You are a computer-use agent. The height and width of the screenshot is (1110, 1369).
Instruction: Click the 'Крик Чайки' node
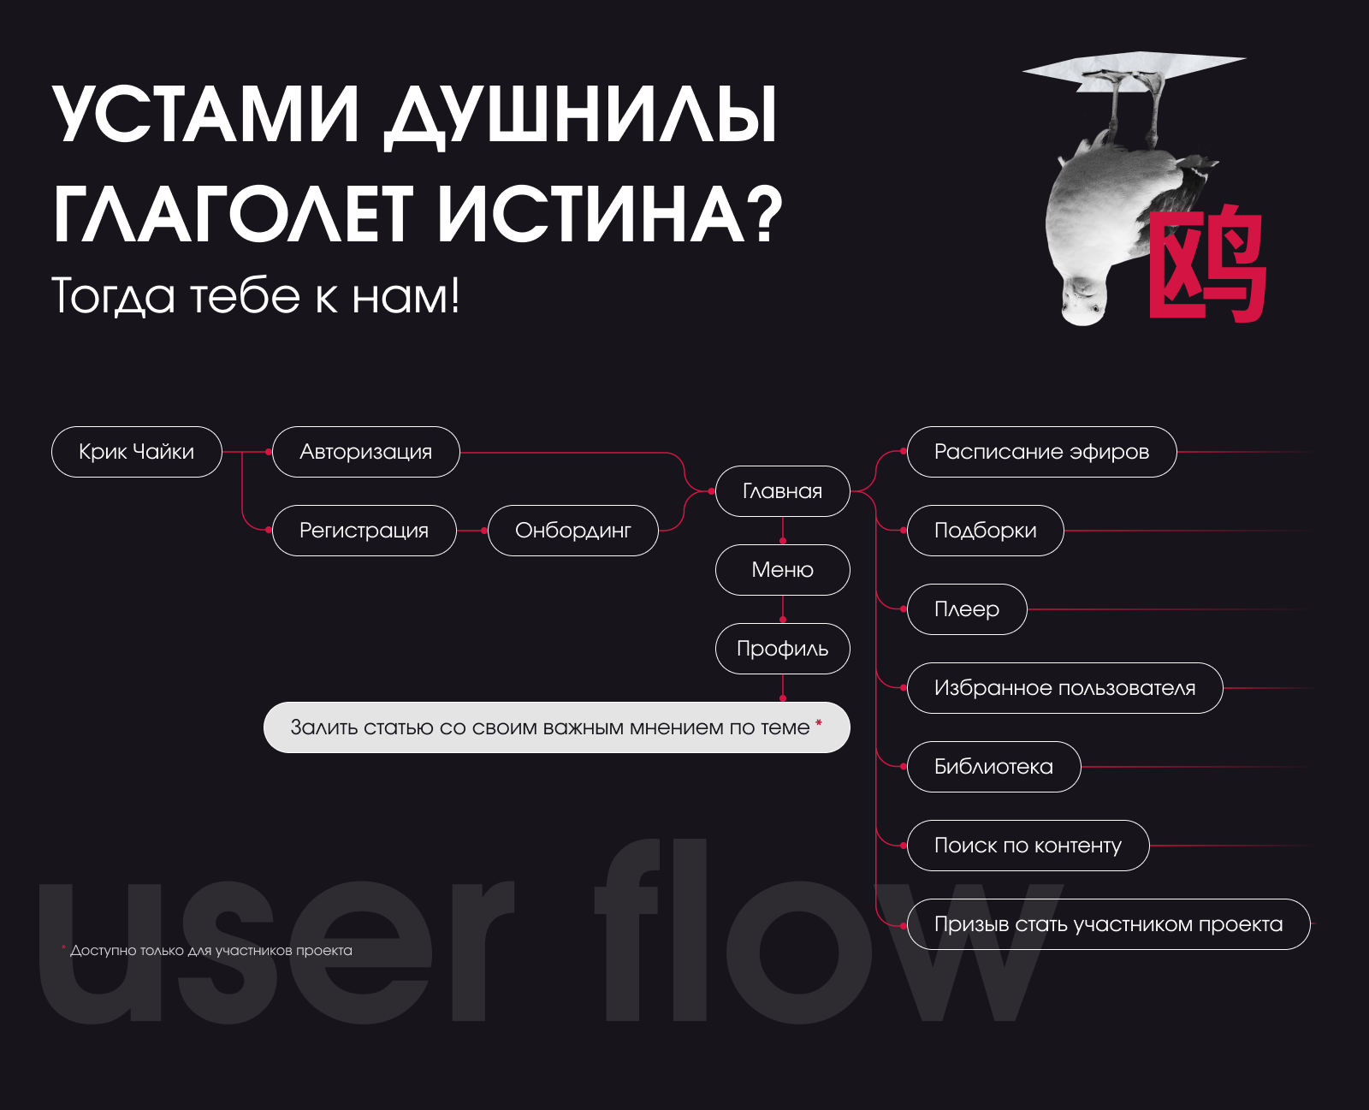(x=137, y=452)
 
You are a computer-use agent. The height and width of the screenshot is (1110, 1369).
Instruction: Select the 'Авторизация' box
(x=365, y=452)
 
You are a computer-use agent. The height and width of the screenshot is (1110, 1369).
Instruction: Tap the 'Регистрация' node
(x=364, y=531)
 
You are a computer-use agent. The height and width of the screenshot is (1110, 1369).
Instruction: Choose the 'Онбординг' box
(x=572, y=531)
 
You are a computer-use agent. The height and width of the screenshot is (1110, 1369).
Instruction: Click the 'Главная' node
(x=782, y=491)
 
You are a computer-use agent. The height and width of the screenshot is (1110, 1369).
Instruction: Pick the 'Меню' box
(x=782, y=570)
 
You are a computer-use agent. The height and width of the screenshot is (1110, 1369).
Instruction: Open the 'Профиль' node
(x=782, y=649)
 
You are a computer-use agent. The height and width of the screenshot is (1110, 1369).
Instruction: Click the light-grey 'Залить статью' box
(x=556, y=727)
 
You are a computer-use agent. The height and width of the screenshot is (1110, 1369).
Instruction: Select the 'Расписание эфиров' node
(x=1041, y=452)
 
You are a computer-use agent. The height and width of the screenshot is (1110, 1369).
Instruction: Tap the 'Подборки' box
(x=985, y=531)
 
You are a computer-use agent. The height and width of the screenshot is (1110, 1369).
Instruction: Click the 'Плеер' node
(x=967, y=609)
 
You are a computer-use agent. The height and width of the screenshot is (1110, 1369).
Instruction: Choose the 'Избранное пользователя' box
(x=1064, y=688)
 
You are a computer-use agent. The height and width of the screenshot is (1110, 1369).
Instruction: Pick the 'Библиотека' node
(x=993, y=767)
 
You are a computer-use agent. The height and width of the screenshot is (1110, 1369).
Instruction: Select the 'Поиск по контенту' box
(x=1028, y=846)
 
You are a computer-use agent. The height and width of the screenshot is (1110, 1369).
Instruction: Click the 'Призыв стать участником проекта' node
(x=1108, y=924)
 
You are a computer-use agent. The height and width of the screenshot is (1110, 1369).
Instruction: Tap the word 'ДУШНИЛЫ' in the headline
(x=580, y=114)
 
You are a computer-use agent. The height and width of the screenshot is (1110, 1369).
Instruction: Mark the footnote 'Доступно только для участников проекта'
(x=210, y=951)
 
